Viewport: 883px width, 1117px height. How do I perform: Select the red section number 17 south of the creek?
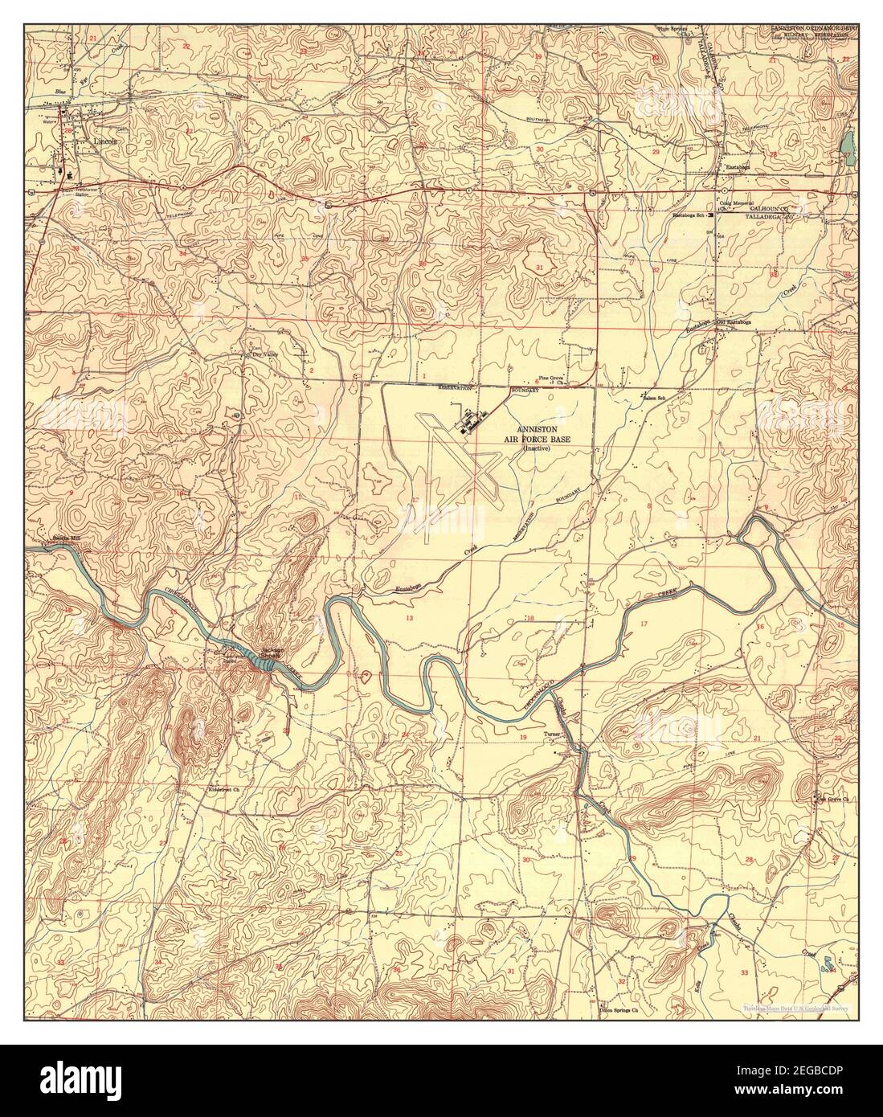point(643,624)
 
